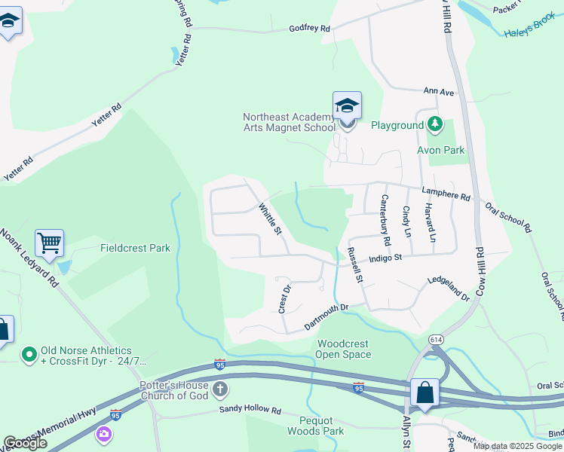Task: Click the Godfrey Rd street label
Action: pyautogui.click(x=310, y=29)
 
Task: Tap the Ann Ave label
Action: pyautogui.click(x=439, y=92)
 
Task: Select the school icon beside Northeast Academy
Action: pyautogui.click(x=347, y=106)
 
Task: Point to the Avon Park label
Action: pyautogui.click(x=441, y=150)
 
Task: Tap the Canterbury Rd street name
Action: pyautogui.click(x=385, y=221)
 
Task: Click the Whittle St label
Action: pyautogui.click(x=270, y=218)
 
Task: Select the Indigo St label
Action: pyautogui.click(x=387, y=258)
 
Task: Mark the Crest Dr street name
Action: pyautogui.click(x=284, y=299)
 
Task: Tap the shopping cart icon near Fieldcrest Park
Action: pyautogui.click(x=49, y=243)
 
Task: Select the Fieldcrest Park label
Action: pyautogui.click(x=136, y=248)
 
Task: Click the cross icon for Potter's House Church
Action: pyautogui.click(x=219, y=389)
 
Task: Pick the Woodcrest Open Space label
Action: pyautogui.click(x=344, y=349)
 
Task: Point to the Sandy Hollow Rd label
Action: pyautogui.click(x=250, y=411)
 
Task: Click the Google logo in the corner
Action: pyautogui.click(x=25, y=443)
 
